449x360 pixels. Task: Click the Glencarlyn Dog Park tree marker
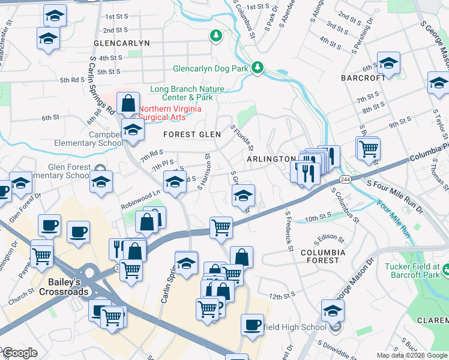(258, 67)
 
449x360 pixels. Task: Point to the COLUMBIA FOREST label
(323, 257)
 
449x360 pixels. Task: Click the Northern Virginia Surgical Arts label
(170, 113)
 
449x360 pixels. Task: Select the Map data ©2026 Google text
(412, 355)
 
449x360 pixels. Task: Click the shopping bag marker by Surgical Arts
(128, 103)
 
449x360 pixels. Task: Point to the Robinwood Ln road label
(140, 197)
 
